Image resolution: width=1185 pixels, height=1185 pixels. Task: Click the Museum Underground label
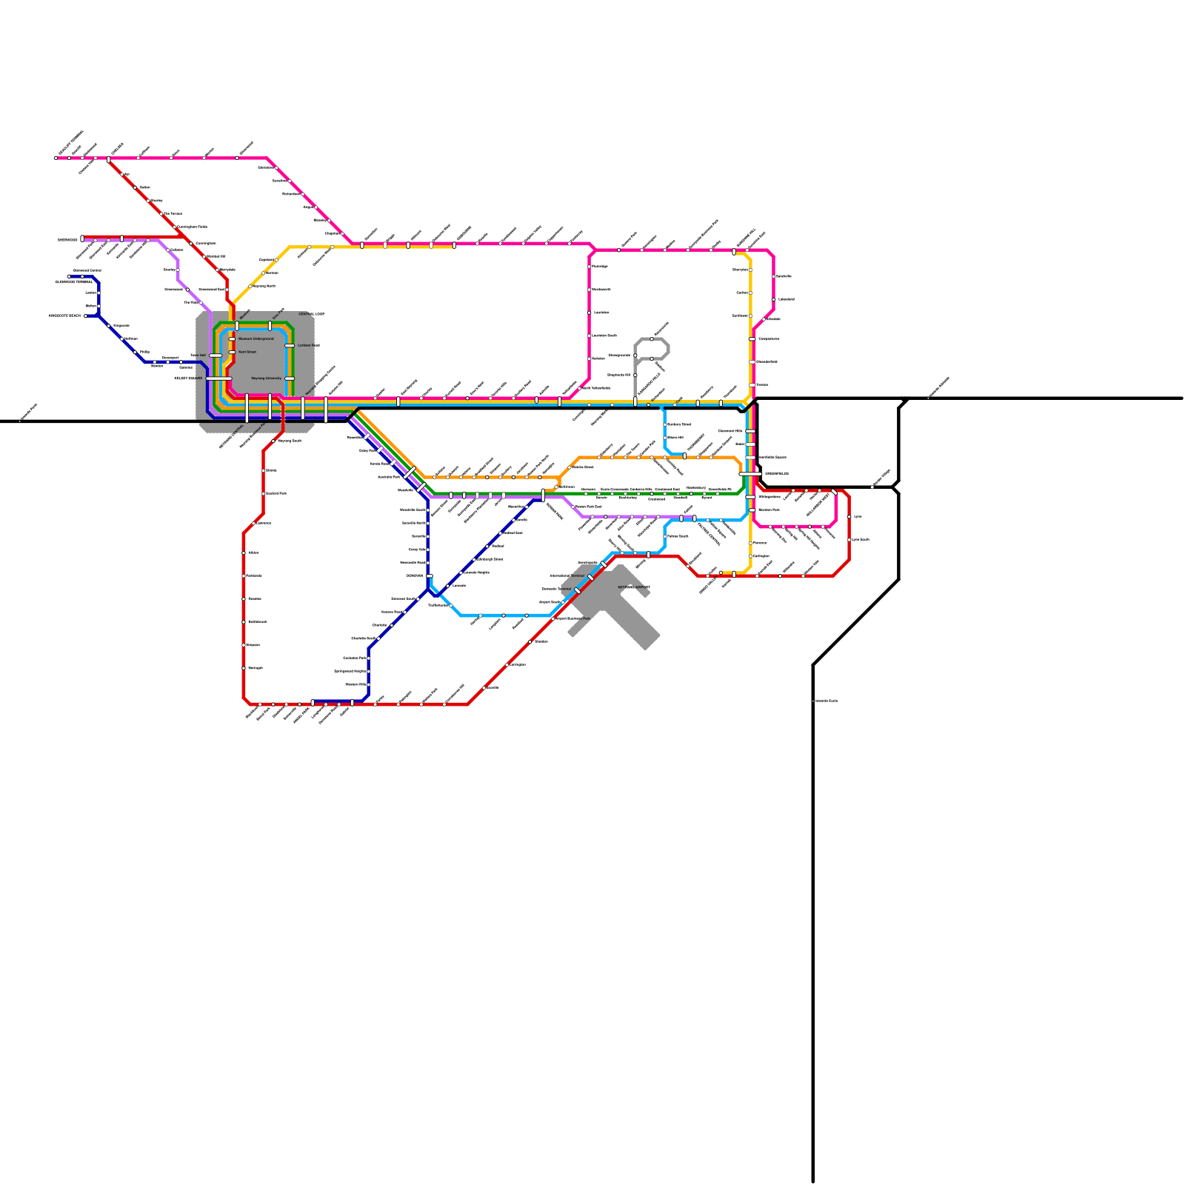tap(256, 338)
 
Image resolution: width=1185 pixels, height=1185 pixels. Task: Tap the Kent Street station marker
tap(232, 352)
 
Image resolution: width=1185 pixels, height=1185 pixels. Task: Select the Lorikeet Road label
tap(309, 345)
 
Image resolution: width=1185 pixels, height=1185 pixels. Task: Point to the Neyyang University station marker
tap(290, 378)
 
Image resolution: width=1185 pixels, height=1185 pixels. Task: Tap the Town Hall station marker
tap(216, 355)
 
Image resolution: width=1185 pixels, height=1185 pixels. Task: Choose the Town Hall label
tap(198, 355)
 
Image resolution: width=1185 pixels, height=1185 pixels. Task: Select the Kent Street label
tap(247, 352)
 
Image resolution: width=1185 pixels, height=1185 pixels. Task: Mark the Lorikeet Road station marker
tap(290, 345)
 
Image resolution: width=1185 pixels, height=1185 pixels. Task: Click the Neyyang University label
tap(267, 378)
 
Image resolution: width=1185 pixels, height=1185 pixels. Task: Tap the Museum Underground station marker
tap(232, 339)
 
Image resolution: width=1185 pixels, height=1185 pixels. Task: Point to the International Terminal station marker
tap(590, 577)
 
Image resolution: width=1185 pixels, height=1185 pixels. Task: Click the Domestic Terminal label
tap(557, 589)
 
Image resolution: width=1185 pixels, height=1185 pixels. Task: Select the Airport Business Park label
tap(573, 618)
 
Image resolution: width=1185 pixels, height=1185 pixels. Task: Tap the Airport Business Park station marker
tap(553, 618)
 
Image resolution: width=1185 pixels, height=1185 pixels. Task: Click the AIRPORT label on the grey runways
tap(634, 587)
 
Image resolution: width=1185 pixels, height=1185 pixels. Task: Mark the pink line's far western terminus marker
tap(56, 158)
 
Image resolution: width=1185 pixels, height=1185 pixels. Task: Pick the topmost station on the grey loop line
tap(652, 339)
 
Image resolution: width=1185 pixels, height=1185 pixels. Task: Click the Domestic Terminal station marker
tap(577, 590)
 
